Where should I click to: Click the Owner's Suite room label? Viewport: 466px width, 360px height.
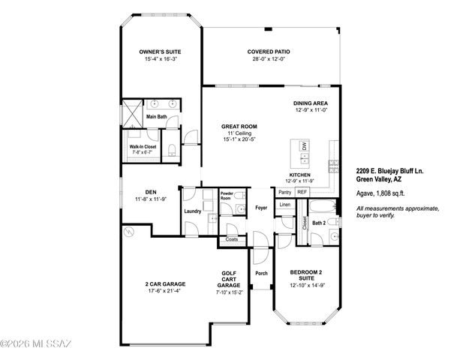[160, 52]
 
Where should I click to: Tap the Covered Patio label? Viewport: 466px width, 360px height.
[269, 52]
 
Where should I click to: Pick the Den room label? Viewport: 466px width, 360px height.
[149, 193]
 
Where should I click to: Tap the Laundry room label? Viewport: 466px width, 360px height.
[192, 211]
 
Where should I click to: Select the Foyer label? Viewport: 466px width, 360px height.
[261, 207]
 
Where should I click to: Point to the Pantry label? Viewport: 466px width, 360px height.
[284, 192]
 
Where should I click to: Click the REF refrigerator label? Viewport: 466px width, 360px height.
[302, 192]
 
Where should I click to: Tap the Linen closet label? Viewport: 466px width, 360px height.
[285, 204]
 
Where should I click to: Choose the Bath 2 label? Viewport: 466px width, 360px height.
[319, 223]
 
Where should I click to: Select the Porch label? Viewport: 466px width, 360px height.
[262, 273]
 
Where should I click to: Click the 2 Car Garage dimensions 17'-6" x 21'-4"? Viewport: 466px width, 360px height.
[165, 290]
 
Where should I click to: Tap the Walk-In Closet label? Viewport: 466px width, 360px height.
[143, 146]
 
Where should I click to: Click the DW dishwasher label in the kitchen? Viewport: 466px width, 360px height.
[304, 145]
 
